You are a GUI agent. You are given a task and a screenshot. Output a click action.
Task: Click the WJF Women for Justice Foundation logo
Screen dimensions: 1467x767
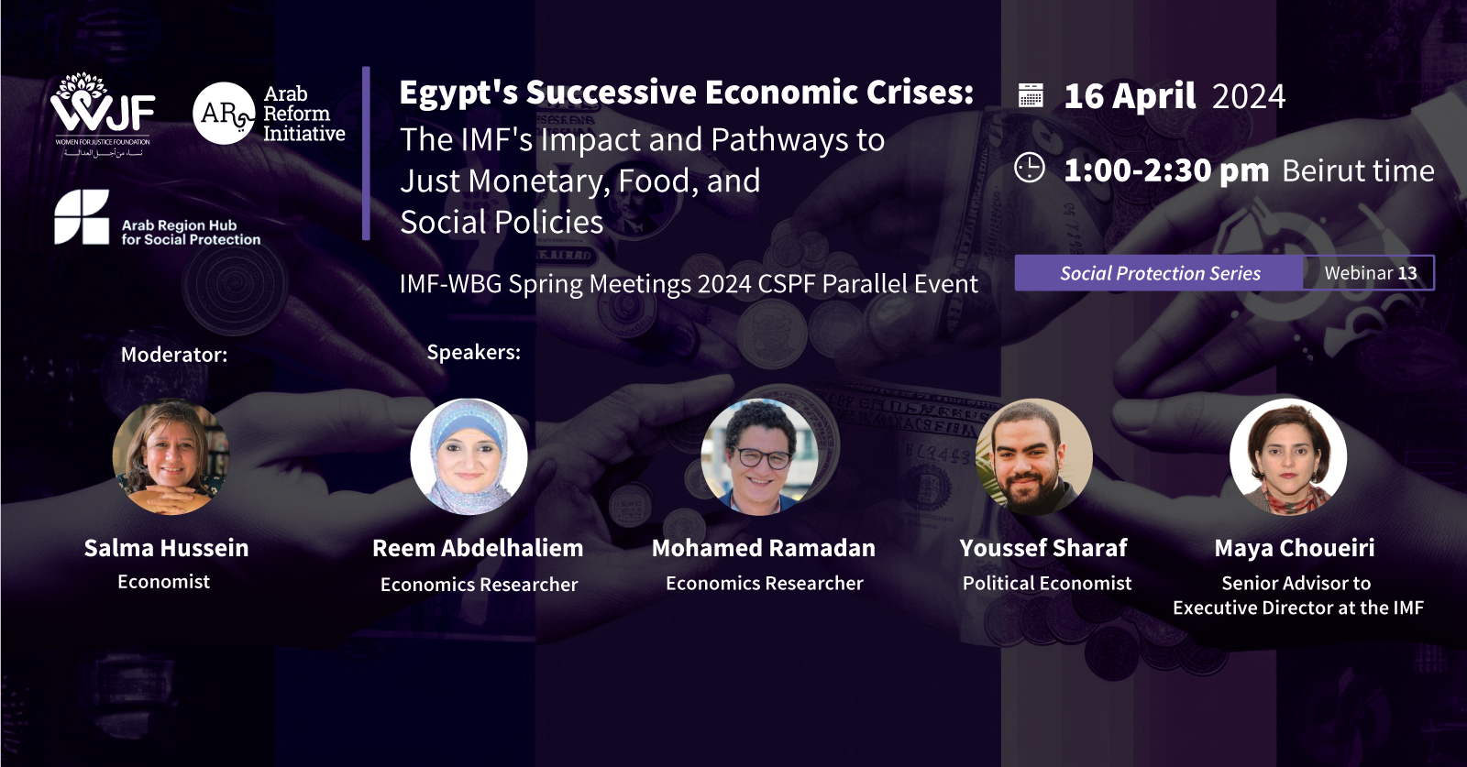102,115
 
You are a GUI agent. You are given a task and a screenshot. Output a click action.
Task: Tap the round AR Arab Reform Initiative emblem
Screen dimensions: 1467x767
224,114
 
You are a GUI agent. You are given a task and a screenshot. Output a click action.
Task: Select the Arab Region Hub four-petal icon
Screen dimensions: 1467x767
82,217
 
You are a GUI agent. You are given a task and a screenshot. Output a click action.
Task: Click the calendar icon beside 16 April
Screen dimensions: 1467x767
1031,95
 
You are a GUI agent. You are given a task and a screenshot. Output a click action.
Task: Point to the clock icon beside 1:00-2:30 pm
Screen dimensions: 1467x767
1030,169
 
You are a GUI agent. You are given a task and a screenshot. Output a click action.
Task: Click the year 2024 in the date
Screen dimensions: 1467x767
1249,96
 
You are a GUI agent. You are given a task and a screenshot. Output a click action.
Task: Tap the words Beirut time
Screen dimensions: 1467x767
1358,170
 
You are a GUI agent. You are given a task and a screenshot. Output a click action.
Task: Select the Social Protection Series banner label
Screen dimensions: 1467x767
1160,273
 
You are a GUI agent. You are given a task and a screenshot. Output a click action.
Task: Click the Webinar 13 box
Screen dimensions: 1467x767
1370,273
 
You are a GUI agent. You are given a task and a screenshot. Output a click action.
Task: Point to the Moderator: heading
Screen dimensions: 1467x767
174,355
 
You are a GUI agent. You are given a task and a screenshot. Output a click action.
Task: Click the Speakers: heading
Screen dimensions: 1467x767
473,352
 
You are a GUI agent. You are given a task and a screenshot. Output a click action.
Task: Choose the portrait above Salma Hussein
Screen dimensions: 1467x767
171,456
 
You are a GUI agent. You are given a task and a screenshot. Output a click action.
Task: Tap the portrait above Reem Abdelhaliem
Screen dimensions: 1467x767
469,456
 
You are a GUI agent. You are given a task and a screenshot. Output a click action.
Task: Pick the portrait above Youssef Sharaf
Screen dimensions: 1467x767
1034,456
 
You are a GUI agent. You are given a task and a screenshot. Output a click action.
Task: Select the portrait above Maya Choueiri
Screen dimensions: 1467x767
1288,456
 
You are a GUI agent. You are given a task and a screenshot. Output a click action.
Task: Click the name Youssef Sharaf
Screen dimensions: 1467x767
1043,548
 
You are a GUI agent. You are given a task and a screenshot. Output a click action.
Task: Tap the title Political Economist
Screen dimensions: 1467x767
1047,583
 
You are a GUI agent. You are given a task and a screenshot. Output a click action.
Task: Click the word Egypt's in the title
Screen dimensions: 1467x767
458,93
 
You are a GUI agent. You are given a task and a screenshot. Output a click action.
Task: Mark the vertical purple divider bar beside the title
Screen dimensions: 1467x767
366,153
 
